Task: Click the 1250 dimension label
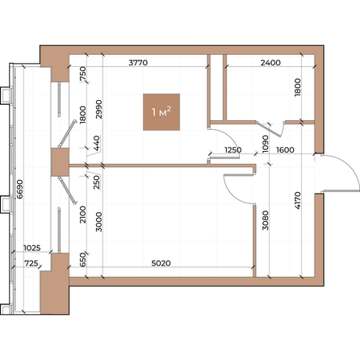tap(233, 149)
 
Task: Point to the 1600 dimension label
tap(284, 149)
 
